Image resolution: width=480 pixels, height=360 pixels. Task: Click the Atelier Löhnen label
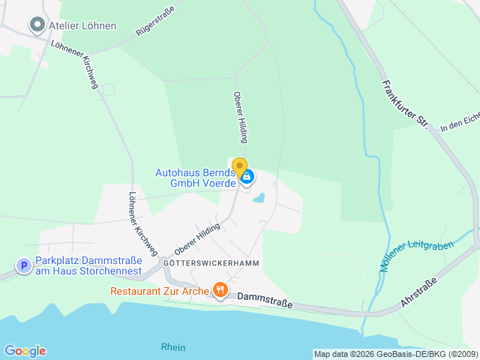tap(82, 25)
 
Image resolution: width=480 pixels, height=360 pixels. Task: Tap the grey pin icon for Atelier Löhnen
tap(37, 25)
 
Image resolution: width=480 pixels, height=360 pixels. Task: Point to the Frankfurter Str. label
tap(403, 103)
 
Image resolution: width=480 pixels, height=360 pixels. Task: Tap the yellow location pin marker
tap(239, 168)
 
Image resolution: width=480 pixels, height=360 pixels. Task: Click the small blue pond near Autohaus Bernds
tap(259, 199)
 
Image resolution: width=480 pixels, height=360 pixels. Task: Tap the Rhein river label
tap(173, 347)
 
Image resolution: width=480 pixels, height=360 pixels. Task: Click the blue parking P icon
tap(24, 265)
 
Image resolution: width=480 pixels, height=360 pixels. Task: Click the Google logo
tap(25, 351)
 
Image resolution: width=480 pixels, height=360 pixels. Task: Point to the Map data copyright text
tap(395, 354)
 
